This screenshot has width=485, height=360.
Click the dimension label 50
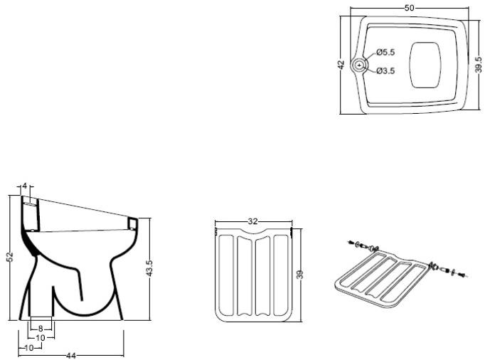[x=409, y=8]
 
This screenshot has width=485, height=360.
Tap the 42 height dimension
[x=341, y=65]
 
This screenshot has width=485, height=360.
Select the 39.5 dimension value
[x=478, y=65]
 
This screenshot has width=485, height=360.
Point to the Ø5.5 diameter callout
[x=385, y=53]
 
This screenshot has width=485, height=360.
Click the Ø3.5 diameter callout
[x=385, y=71]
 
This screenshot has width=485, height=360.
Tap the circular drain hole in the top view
[x=359, y=65]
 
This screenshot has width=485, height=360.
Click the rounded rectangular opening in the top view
[x=425, y=65]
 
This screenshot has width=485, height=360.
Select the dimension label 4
[x=25, y=186]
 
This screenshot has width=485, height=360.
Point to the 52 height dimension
[x=10, y=257]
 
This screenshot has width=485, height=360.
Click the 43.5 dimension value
[x=149, y=268]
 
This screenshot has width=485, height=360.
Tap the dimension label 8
[x=41, y=329]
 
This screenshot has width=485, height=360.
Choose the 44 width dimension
[x=71, y=356]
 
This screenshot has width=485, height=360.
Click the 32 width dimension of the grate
[x=252, y=221]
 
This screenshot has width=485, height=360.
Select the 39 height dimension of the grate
[x=299, y=274]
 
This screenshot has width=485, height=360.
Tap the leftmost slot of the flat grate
[x=226, y=275]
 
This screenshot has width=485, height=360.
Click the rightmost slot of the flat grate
[x=280, y=275]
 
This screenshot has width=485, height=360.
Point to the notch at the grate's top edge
[x=253, y=231]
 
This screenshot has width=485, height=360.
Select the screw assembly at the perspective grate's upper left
[x=364, y=246]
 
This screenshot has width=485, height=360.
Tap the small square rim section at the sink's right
[x=133, y=223]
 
